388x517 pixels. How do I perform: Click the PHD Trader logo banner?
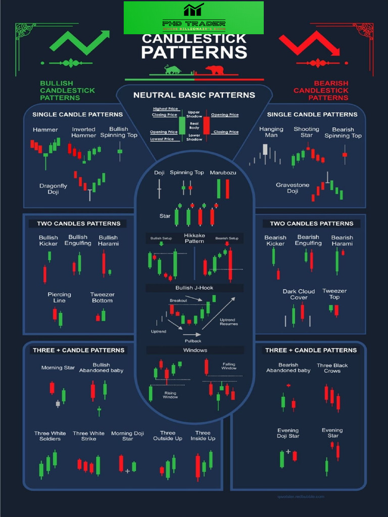[193, 18]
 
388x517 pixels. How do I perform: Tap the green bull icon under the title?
[173, 70]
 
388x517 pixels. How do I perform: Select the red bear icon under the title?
[215, 70]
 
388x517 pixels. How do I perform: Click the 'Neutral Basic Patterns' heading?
[194, 95]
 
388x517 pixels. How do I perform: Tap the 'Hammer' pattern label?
[45, 130]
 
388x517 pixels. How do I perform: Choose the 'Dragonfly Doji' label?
[53, 189]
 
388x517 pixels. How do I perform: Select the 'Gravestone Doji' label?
[293, 188]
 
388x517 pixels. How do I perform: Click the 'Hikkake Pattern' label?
[194, 238]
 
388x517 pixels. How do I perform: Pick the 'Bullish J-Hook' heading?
[195, 288]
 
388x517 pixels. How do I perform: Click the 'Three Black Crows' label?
[332, 368]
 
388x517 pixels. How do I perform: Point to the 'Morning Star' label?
[58, 368]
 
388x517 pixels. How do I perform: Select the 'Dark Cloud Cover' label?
[299, 294]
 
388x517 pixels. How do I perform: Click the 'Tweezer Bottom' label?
[102, 297]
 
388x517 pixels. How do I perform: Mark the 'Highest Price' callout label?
[165, 109]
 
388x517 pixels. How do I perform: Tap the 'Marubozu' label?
[223, 173]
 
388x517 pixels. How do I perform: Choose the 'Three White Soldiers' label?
[50, 436]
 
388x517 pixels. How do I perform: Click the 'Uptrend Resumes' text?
[228, 322]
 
